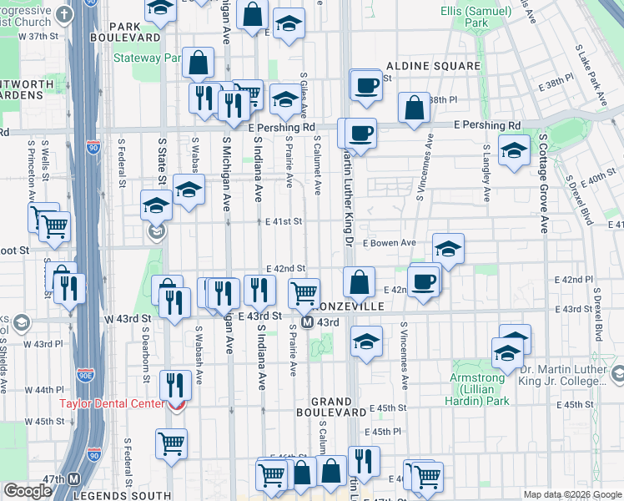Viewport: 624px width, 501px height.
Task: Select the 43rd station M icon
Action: point(307,322)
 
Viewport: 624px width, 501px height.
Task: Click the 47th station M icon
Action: point(73,479)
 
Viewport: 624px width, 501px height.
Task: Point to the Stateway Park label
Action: point(148,58)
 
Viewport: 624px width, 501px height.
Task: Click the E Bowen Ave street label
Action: point(389,243)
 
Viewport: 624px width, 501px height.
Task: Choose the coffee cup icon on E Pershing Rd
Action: point(360,134)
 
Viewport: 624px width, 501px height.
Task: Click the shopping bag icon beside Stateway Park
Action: point(199,62)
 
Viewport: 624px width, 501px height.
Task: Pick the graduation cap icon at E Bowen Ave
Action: point(448,249)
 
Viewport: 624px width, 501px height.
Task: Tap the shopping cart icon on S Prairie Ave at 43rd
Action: point(304,294)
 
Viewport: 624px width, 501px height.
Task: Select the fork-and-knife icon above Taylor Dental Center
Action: point(175,384)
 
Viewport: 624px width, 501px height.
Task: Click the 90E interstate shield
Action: point(85,377)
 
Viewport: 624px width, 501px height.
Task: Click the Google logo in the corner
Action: point(28,491)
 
